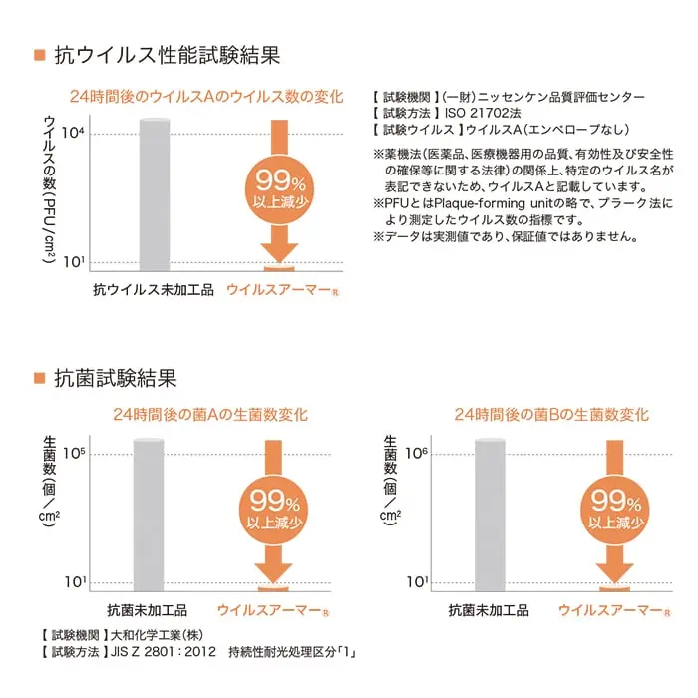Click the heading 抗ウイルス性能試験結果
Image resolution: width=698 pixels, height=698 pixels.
coord(168,55)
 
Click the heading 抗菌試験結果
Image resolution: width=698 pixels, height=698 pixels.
coord(116,378)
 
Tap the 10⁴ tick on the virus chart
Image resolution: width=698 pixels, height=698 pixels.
coord(73,133)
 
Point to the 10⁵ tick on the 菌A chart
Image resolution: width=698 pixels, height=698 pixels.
coord(74,453)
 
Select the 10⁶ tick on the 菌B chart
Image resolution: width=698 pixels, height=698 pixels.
coord(416,453)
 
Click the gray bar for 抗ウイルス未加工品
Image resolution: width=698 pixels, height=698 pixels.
coord(155,195)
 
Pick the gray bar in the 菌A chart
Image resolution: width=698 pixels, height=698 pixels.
coord(149,516)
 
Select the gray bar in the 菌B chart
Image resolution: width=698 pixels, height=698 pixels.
coord(490,516)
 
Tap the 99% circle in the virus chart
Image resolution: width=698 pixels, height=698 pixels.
coord(279,189)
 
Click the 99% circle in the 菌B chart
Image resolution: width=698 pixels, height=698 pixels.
coord(615,511)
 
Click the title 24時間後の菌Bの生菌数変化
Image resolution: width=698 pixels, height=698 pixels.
coord(551,415)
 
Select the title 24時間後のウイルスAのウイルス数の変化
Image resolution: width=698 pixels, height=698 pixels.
coord(206,96)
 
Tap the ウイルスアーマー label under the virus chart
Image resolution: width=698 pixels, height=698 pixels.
coord(282,290)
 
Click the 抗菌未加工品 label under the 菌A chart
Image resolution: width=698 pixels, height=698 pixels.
coord(148,610)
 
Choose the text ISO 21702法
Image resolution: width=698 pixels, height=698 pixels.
coord(483,113)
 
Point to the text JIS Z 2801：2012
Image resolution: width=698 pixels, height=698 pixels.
coord(163,652)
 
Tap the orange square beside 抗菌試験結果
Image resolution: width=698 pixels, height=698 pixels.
coord(40,378)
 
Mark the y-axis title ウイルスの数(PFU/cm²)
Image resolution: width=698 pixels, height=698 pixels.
coord(50,189)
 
